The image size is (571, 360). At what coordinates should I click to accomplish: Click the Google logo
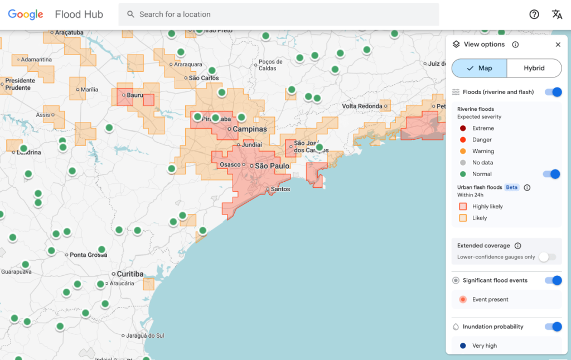pos(26,14)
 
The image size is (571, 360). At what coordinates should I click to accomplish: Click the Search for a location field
pos(279,14)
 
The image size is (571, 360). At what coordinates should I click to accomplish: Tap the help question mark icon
pos(534,14)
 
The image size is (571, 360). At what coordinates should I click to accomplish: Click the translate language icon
pos(557,14)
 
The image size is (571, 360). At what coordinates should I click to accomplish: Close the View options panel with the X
pos(558,45)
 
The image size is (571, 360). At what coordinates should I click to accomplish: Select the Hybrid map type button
pos(534,68)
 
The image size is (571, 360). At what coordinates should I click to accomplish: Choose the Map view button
pos(480,68)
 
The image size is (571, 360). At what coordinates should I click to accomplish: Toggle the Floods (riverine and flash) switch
pos(553,92)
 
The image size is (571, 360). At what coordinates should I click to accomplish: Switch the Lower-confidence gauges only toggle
pos(548,257)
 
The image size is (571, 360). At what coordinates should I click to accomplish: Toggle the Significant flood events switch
pos(553,280)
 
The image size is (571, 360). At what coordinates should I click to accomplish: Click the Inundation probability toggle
pos(553,327)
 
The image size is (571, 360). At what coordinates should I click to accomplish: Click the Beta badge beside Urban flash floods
pos(512,188)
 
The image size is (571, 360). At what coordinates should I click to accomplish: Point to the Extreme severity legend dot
pos(463,128)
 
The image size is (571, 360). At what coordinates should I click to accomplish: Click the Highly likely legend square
pos(463,207)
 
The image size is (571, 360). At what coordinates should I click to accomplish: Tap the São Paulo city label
pos(272,166)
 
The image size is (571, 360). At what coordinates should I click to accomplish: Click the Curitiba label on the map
pos(130,274)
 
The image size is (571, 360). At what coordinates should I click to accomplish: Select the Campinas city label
pos(249,129)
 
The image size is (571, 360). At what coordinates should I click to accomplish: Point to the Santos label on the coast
pos(280,189)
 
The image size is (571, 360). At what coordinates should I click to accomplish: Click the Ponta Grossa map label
pos(88,255)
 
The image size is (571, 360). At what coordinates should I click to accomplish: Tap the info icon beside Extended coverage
pos(517,246)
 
